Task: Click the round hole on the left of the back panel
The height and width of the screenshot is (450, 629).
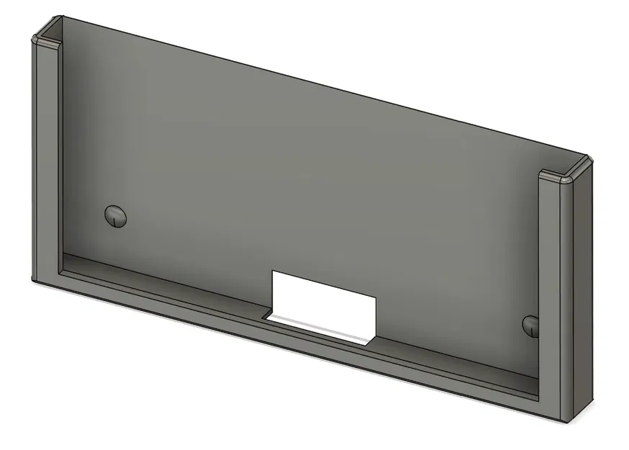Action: click(x=115, y=215)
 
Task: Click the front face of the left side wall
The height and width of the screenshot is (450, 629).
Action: click(x=45, y=158)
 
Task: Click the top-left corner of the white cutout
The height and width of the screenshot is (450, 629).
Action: click(x=272, y=271)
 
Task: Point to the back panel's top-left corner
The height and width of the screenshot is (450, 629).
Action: click(x=61, y=17)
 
